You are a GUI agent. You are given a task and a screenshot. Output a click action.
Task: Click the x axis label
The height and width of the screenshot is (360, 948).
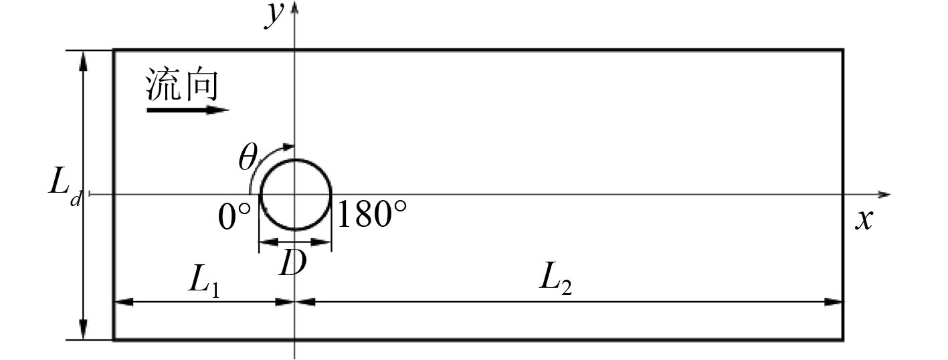coord(864,219)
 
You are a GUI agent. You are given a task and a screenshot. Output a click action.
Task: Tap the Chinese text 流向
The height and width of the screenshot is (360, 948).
coord(182,85)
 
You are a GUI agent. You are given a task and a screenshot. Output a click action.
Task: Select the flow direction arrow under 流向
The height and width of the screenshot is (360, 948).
coord(188,110)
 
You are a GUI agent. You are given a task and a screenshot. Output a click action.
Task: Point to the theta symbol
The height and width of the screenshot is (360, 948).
coord(248,157)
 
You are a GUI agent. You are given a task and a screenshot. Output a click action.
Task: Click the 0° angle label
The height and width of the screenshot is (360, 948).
coord(234,216)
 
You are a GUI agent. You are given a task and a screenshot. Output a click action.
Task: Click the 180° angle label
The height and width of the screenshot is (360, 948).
coord(372,214)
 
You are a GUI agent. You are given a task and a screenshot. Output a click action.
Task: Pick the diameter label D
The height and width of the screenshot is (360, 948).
coord(292,262)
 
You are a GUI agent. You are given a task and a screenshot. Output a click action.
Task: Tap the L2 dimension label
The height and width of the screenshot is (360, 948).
coord(556,278)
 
